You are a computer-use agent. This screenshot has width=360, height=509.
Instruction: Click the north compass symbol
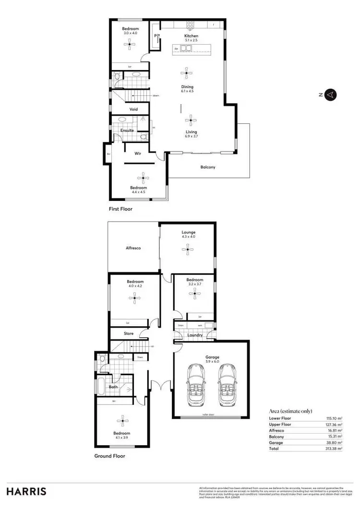pyautogui.click(x=330, y=95)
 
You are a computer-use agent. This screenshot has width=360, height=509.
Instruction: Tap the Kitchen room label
pyautogui.click(x=191, y=36)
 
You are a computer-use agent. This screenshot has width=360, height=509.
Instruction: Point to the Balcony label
pyautogui.click(x=208, y=167)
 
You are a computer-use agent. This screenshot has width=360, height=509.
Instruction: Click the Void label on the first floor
pyautogui.click(x=133, y=109)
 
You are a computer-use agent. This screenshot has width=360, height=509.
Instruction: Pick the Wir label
pyautogui.click(x=137, y=154)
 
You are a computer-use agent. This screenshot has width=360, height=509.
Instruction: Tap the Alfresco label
pyautogui.click(x=132, y=248)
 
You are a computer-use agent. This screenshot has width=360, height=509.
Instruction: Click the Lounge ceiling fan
pyautogui.click(x=188, y=248)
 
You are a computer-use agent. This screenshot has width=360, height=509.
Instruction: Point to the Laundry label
pyautogui.click(x=195, y=335)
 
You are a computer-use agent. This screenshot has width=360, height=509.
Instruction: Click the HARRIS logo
pyautogui.click(x=26, y=491)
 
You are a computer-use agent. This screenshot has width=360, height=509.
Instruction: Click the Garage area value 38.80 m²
pyautogui.click(x=334, y=442)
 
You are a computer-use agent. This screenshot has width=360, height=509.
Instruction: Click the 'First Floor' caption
pyautogui.click(x=120, y=209)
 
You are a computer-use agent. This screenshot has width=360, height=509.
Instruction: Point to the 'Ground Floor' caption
pyautogui.click(x=109, y=456)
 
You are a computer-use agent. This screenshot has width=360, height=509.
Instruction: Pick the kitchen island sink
pyautogui.click(x=185, y=48)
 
